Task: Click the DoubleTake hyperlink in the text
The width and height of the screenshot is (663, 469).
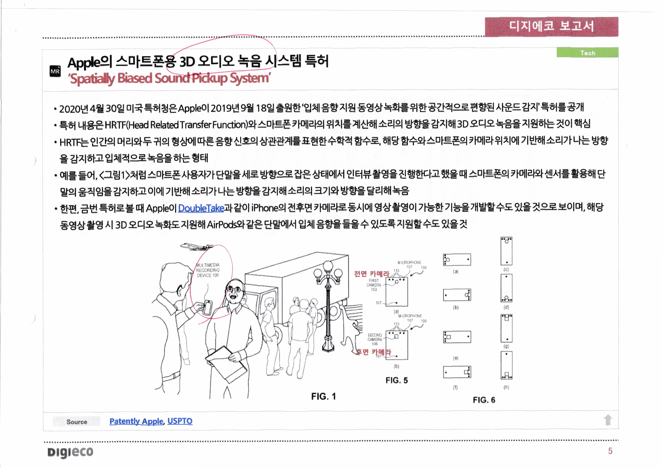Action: (x=201, y=208)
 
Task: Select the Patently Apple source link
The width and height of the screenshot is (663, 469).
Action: (x=136, y=421)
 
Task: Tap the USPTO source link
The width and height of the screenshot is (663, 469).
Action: (x=180, y=421)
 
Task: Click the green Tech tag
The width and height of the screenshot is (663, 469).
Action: (x=587, y=53)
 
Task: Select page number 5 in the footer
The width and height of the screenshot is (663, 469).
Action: (x=610, y=451)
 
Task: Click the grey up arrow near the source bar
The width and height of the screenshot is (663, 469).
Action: (x=608, y=420)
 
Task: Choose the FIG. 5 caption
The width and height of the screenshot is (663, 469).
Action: (x=396, y=380)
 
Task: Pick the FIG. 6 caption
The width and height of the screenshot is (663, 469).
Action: (x=484, y=400)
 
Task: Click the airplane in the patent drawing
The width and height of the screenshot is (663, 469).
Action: (x=196, y=246)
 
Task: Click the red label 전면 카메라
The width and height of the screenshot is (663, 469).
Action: (x=372, y=273)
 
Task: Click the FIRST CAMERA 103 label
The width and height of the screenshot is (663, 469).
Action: (x=374, y=285)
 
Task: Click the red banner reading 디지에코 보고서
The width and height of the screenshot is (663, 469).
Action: (x=551, y=26)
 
